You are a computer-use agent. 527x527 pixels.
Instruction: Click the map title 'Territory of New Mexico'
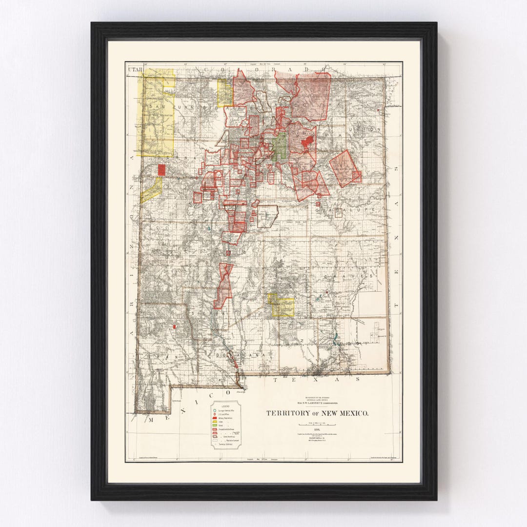[x=317, y=413]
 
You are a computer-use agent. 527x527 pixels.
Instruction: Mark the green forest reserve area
[x=280, y=146]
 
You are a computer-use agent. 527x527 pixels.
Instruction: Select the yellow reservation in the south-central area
[x=282, y=305]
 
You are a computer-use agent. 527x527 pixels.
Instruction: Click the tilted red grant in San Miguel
[x=345, y=168]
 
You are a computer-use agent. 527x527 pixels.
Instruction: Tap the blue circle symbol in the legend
[x=215, y=411]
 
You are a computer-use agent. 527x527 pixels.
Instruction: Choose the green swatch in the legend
[x=215, y=427]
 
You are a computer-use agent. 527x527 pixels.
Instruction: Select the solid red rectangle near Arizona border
[x=162, y=169]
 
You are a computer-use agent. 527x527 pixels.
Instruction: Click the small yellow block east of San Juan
[x=224, y=93]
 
